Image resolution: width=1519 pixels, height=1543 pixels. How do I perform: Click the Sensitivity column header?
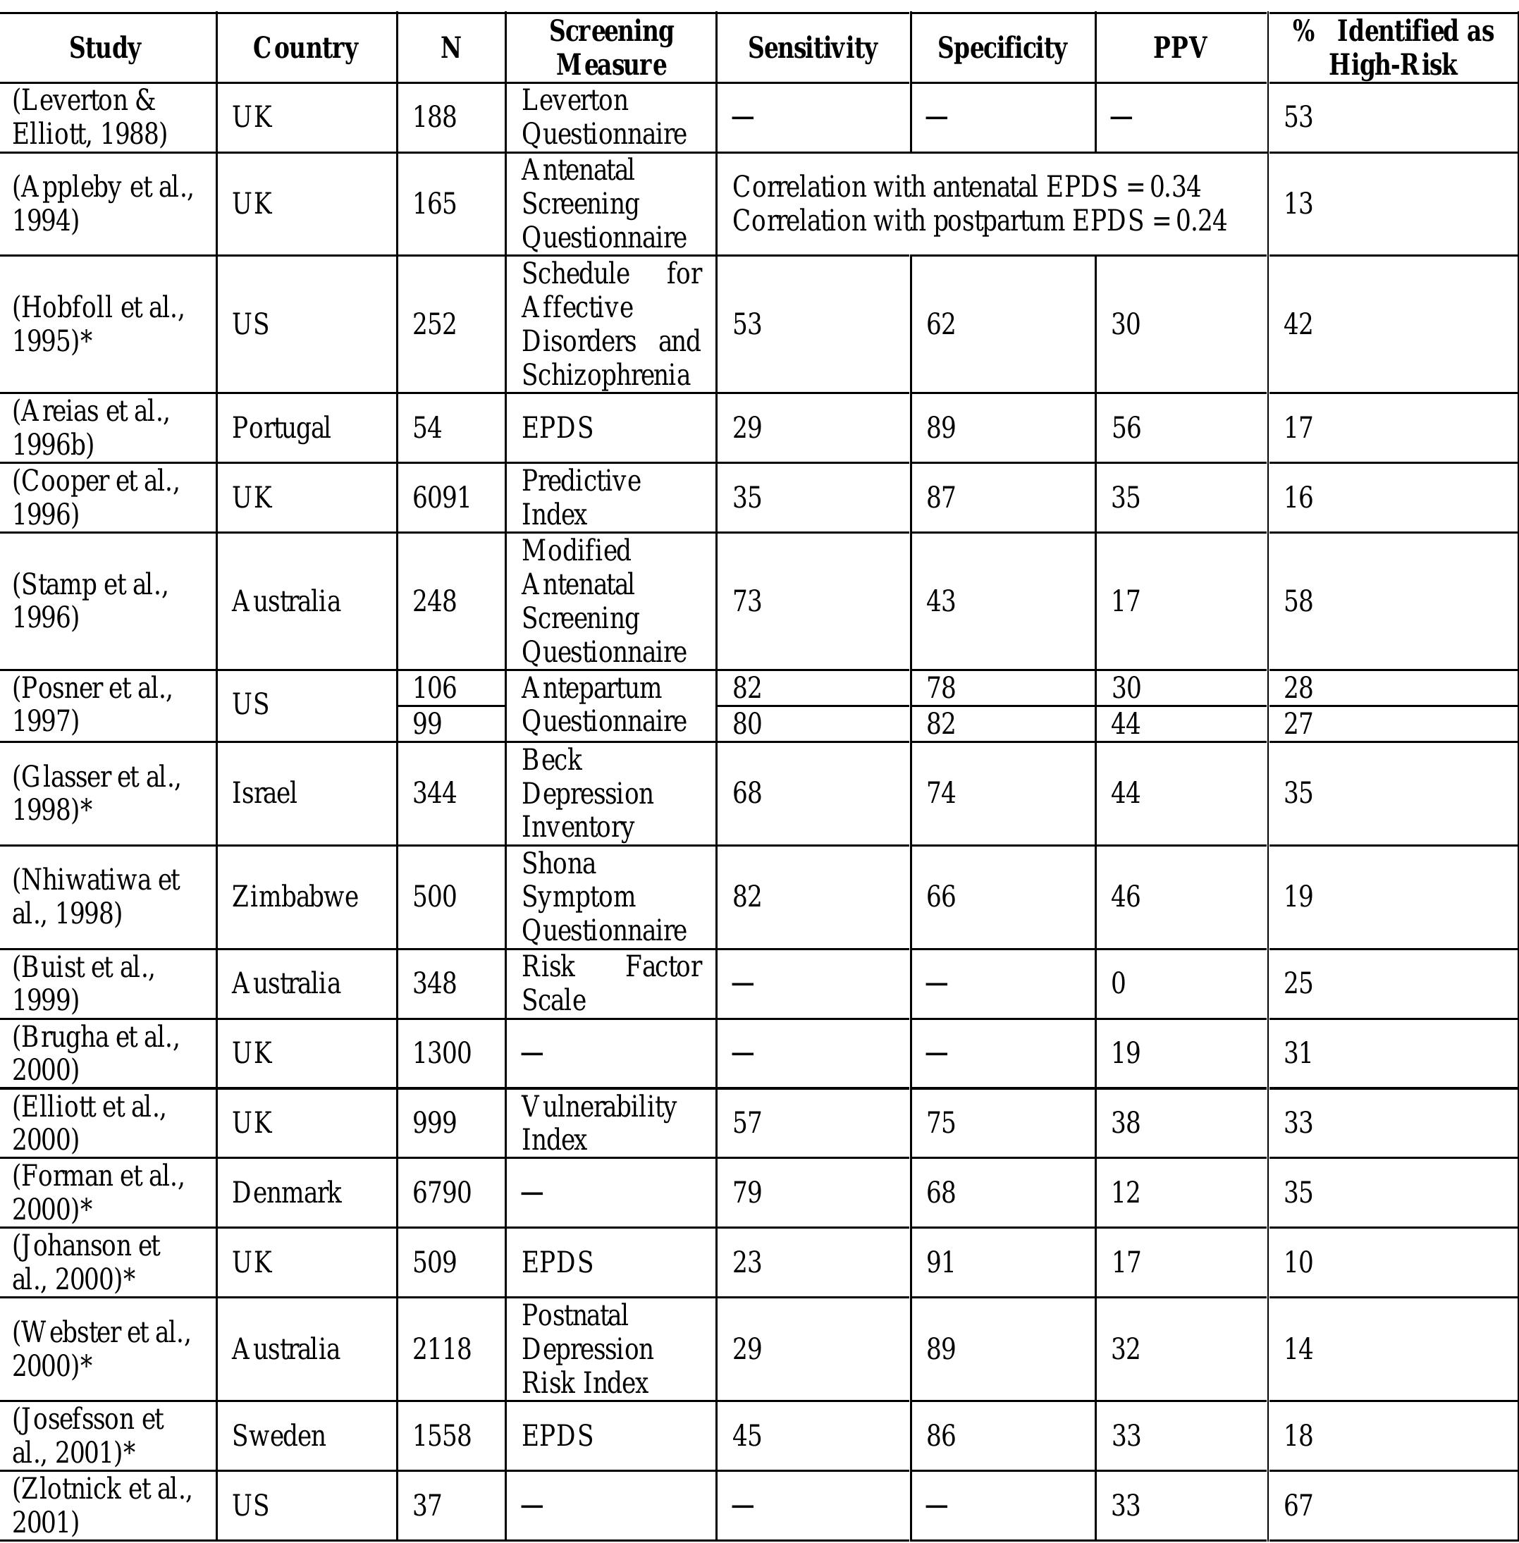click(x=812, y=49)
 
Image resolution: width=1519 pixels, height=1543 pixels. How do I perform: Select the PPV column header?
click(x=1180, y=49)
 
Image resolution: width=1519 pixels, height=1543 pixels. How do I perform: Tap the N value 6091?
click(x=441, y=498)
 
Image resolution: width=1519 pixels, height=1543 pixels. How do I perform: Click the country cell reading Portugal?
click(x=281, y=428)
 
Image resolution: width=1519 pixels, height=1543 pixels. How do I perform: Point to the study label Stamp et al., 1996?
click(x=90, y=601)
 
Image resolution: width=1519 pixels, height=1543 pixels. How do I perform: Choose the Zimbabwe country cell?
click(x=295, y=897)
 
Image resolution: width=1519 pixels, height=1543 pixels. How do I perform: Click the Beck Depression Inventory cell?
click(x=587, y=793)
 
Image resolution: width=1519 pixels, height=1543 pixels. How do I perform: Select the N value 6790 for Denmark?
click(x=441, y=1193)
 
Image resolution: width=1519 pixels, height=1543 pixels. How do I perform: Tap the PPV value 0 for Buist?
click(x=1119, y=983)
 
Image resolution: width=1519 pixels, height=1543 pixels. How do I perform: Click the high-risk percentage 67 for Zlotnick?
click(x=1298, y=1506)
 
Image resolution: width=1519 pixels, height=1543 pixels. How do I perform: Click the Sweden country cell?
click(x=278, y=1436)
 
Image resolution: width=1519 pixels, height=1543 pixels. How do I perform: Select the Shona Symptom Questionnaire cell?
click(x=603, y=897)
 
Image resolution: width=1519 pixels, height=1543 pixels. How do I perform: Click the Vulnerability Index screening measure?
click(x=598, y=1123)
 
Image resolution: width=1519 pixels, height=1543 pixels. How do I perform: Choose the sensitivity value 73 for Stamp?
click(x=746, y=601)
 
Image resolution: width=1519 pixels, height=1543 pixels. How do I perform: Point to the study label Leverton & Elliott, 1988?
click(x=90, y=117)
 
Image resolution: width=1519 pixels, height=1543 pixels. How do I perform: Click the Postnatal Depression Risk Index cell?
click(x=587, y=1349)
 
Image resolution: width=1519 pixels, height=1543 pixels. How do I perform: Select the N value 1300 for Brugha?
click(x=441, y=1053)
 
